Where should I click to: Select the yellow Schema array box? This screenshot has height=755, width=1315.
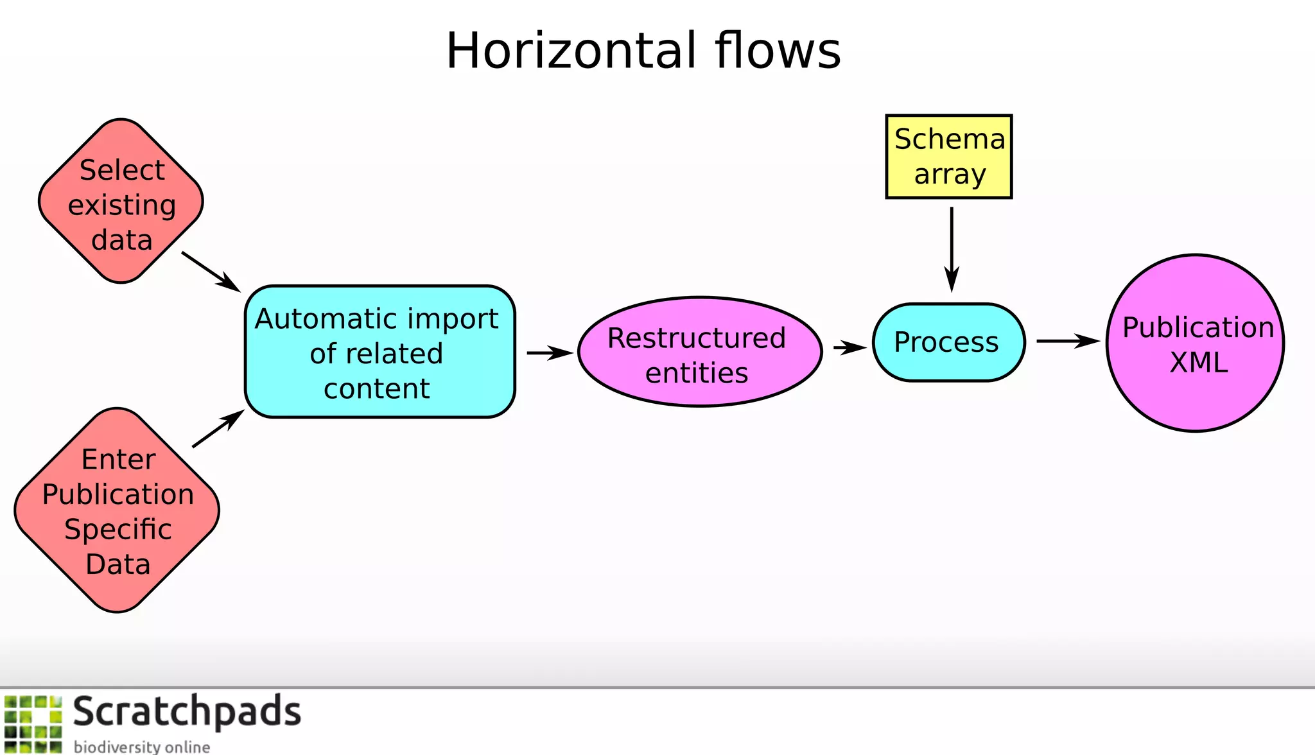point(948,157)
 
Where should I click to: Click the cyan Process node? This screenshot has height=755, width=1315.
point(948,342)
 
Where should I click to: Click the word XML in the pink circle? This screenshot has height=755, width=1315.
point(1198,363)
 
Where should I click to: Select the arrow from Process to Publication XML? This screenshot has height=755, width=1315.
point(1066,341)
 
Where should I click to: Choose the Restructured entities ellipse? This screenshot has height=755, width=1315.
point(699,352)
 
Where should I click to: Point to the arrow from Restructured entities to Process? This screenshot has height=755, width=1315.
point(849,347)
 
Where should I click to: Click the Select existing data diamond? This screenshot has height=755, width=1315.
point(121,201)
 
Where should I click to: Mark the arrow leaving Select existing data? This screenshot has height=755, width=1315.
point(210,271)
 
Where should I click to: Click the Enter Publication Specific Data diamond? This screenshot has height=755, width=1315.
point(118,510)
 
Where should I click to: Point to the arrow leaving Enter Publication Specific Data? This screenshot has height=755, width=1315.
point(218,429)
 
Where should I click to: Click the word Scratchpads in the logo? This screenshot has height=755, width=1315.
point(186,712)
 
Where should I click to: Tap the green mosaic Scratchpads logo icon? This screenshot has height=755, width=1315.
point(33,724)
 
